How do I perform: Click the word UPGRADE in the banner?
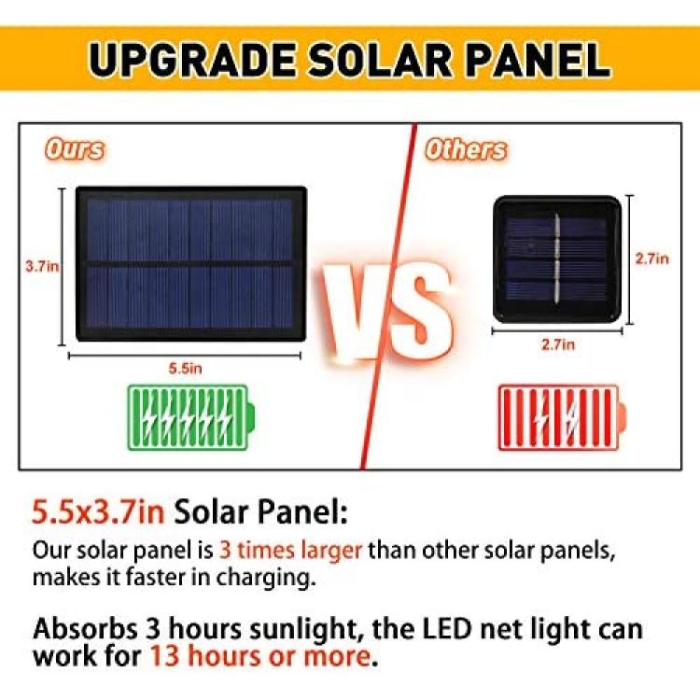click(192, 60)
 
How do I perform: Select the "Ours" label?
click(75, 149)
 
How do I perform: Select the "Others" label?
click(466, 149)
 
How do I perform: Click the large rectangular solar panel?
click(191, 264)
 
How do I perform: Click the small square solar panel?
click(557, 259)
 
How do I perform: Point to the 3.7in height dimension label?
click(42, 267)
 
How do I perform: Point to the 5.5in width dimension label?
click(186, 369)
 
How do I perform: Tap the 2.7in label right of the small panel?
click(652, 259)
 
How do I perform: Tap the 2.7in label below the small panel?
click(558, 344)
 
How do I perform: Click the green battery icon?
click(191, 417)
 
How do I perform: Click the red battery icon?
click(562, 417)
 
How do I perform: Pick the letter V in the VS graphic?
click(353, 310)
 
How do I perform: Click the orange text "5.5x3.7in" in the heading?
click(98, 511)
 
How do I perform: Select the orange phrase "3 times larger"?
click(290, 550)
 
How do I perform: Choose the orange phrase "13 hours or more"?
click(259, 656)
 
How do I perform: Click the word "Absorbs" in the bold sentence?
click(85, 628)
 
